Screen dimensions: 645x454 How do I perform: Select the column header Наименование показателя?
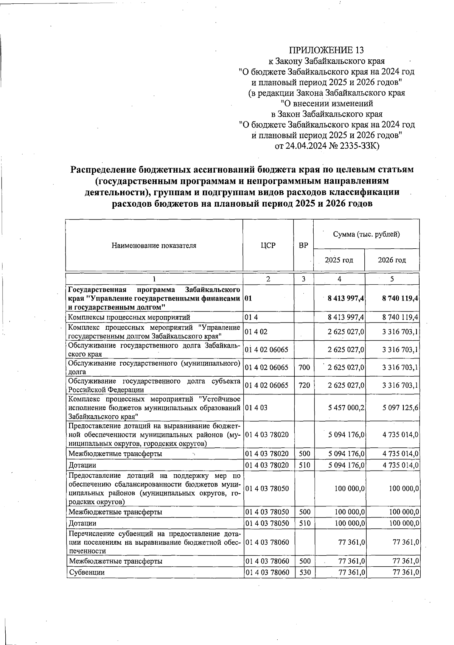click(154, 245)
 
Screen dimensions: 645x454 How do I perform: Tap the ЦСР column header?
click(268, 245)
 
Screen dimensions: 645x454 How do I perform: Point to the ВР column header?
click(303, 245)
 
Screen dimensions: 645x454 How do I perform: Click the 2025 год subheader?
click(339, 260)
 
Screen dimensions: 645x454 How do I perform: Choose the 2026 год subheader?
click(392, 260)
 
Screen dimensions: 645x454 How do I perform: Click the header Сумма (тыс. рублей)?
click(366, 234)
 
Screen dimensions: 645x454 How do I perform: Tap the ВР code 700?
click(304, 367)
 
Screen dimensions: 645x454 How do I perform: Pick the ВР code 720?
click(304, 385)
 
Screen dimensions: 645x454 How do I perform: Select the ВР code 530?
click(304, 572)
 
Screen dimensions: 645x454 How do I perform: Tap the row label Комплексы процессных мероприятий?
click(129, 317)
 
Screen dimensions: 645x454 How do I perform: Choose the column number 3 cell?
click(303, 279)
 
